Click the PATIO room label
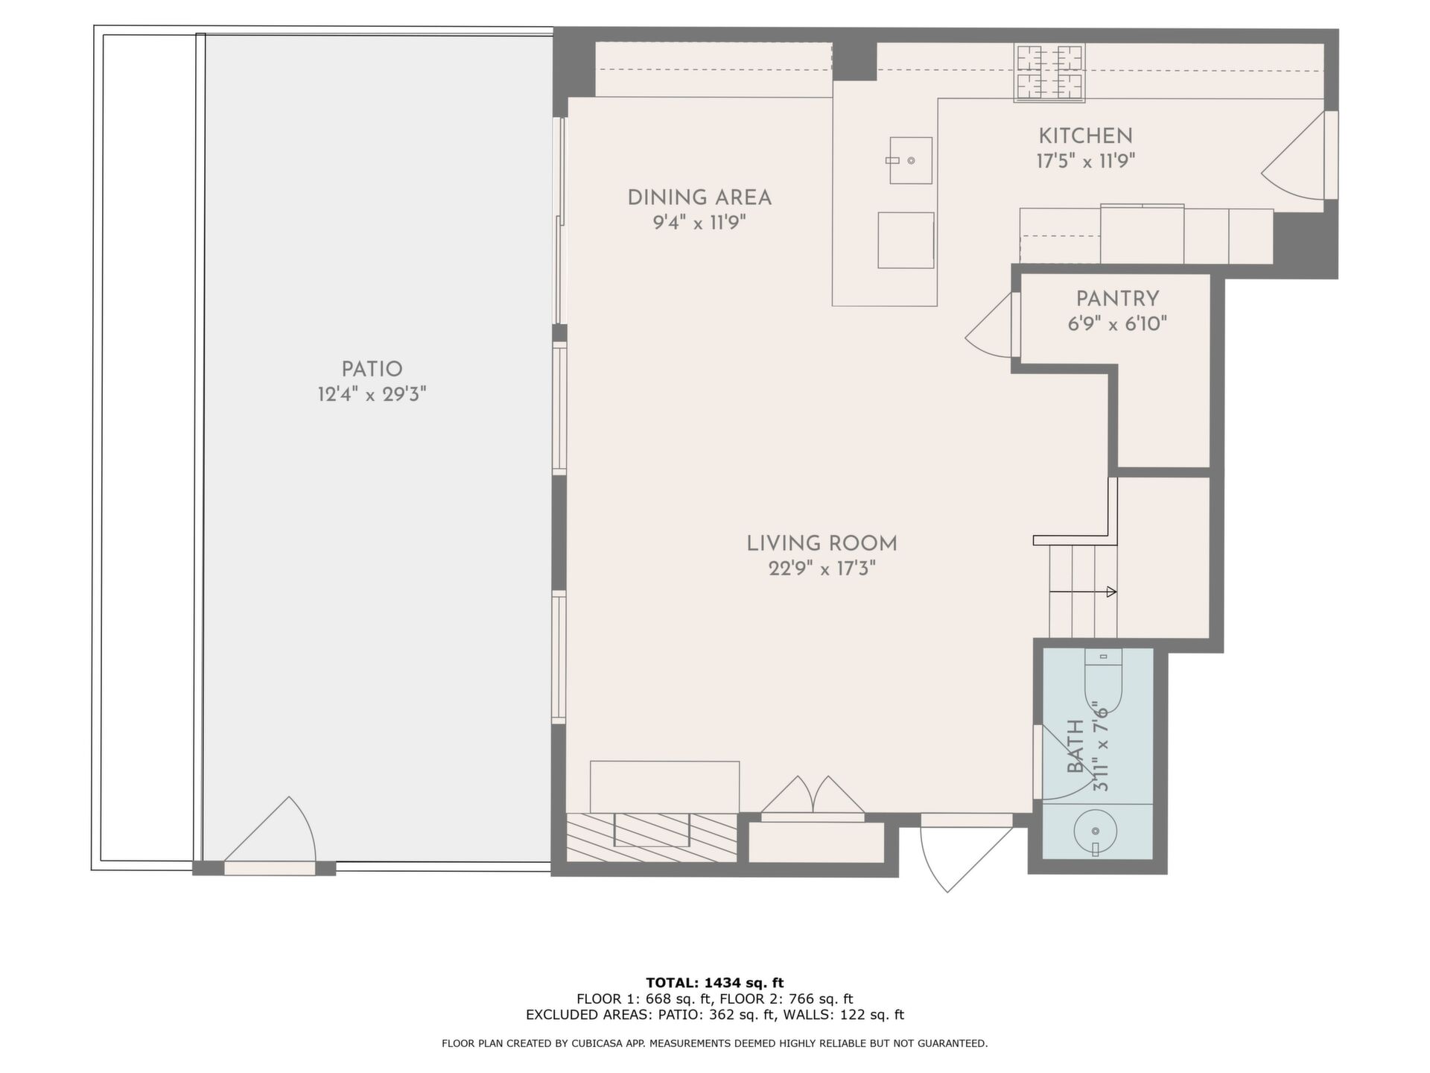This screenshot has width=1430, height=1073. [x=372, y=369]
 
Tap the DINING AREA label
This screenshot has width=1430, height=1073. [x=699, y=197]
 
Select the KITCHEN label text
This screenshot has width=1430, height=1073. [x=1085, y=136]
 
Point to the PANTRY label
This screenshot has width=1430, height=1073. [x=1117, y=299]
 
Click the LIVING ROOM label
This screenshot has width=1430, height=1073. [x=822, y=543]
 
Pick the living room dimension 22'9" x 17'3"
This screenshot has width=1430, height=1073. [x=822, y=569]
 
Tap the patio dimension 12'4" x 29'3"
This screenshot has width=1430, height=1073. [x=372, y=394]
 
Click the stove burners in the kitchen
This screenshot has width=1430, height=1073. [x=1049, y=72]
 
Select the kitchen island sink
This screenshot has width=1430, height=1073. [x=910, y=160]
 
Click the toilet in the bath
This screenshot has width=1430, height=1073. [x=1103, y=681]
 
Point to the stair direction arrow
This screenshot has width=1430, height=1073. [x=1083, y=592]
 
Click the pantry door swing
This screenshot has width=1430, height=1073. [x=989, y=326]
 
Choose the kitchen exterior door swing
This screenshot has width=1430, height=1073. [x=1293, y=156]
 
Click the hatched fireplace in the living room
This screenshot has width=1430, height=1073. [x=652, y=838]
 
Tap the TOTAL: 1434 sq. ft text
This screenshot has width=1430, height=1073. [x=714, y=983]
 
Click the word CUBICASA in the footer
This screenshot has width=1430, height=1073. [x=597, y=1044]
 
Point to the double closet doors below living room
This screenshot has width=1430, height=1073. [x=813, y=796]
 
